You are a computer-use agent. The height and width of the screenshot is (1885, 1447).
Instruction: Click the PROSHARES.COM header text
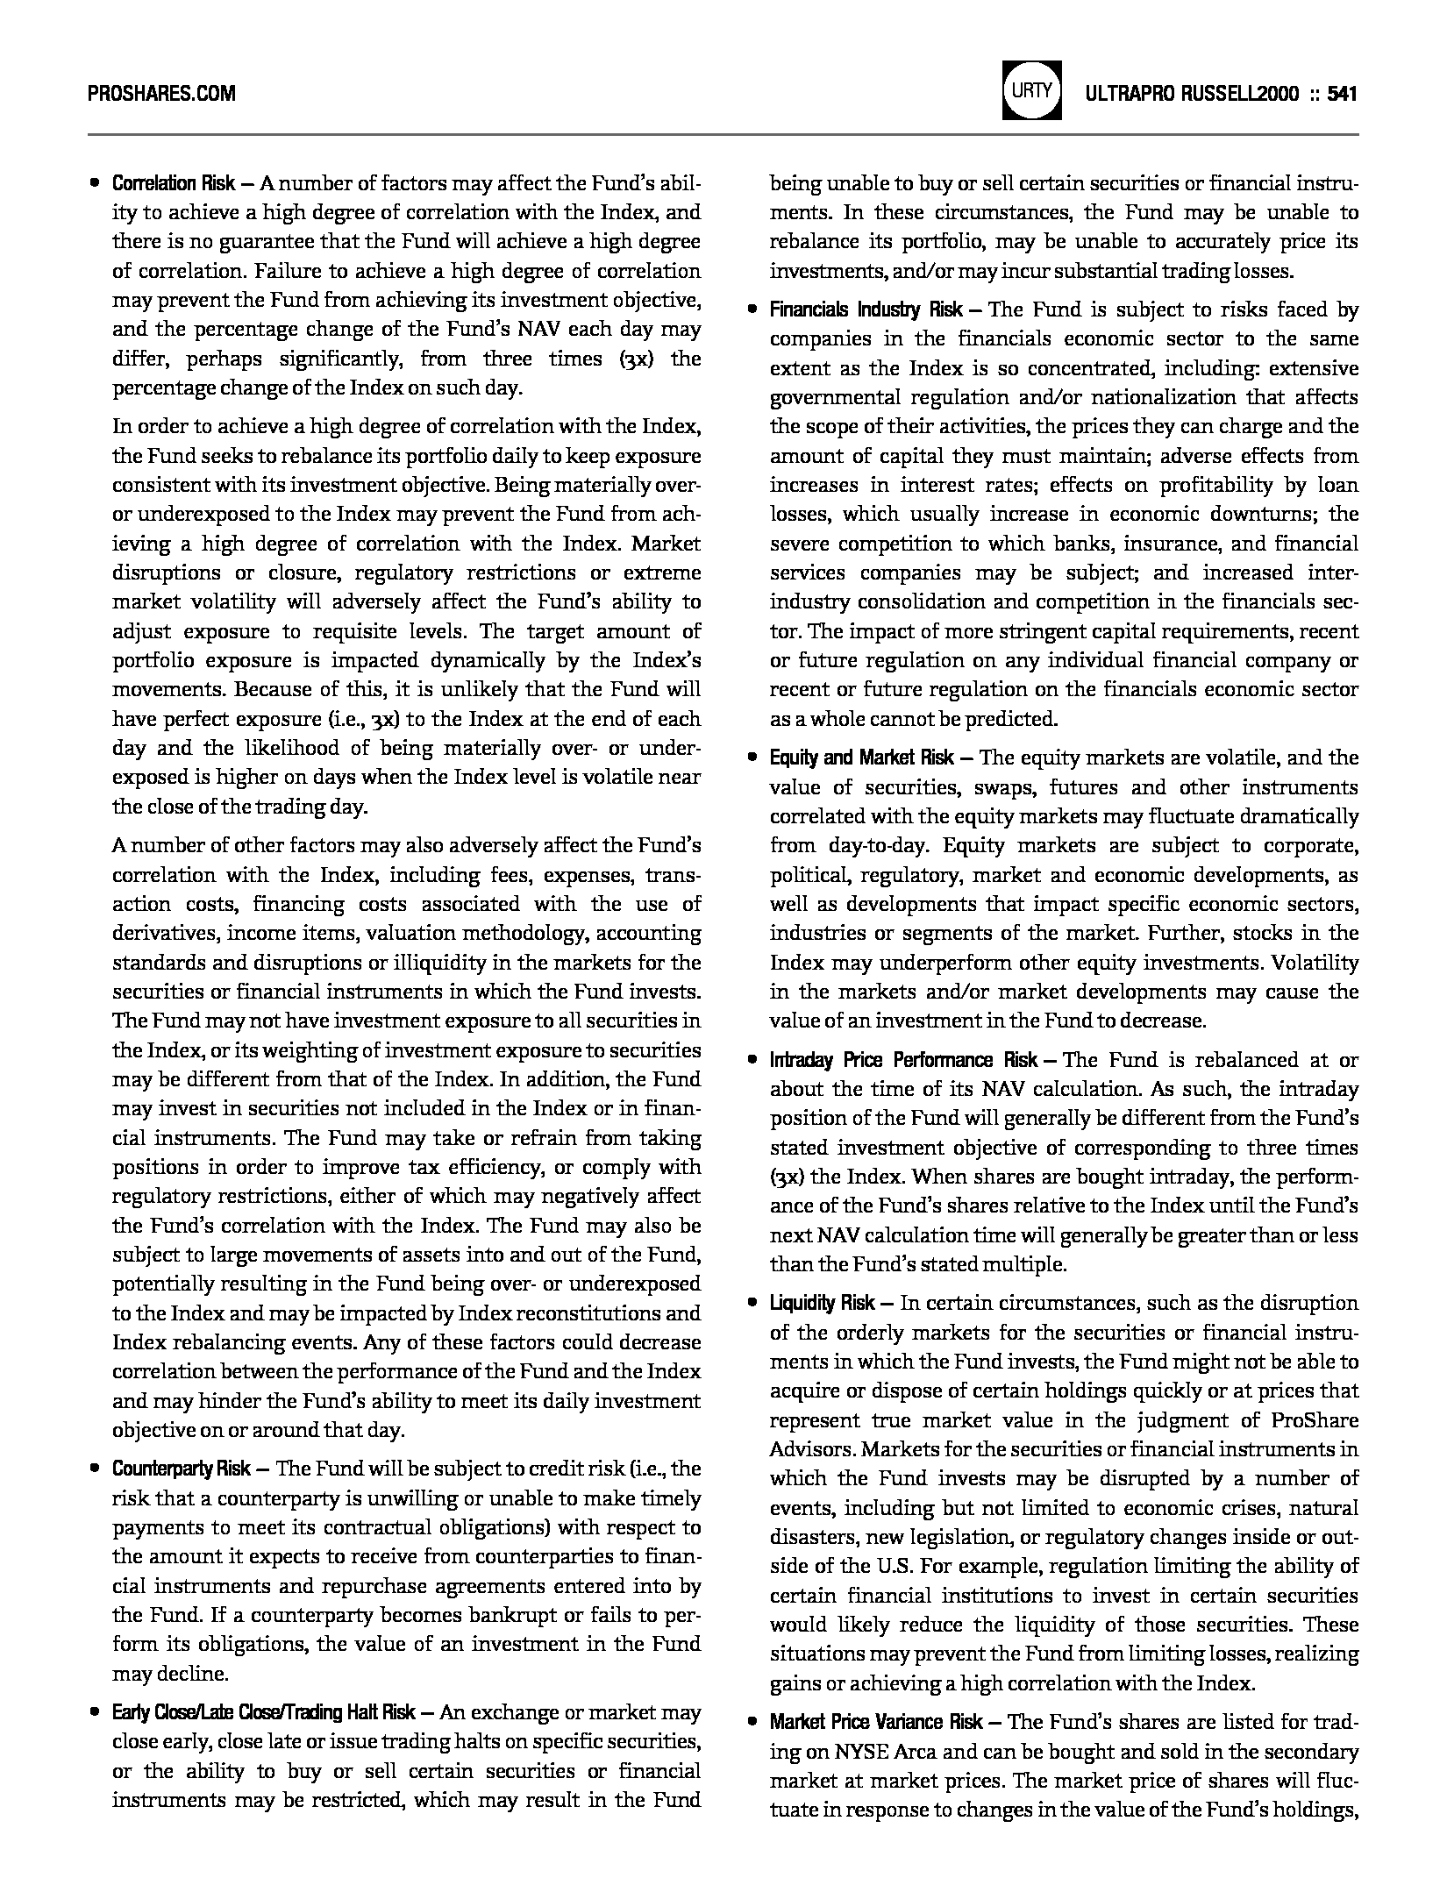(161, 93)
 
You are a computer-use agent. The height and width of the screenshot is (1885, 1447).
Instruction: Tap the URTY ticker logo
(1032, 90)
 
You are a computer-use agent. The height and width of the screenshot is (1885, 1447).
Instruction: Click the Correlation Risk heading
(173, 183)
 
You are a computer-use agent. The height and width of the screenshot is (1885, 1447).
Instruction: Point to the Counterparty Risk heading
(181, 1469)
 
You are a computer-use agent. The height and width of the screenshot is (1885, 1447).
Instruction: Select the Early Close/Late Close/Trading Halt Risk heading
(263, 1712)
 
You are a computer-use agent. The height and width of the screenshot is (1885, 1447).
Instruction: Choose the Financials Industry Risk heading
(866, 309)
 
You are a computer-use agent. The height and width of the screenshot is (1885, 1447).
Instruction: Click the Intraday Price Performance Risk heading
(904, 1060)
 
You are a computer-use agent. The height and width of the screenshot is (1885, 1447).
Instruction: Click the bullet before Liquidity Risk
(752, 1303)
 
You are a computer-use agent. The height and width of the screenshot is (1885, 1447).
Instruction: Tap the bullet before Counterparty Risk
(94, 1469)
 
